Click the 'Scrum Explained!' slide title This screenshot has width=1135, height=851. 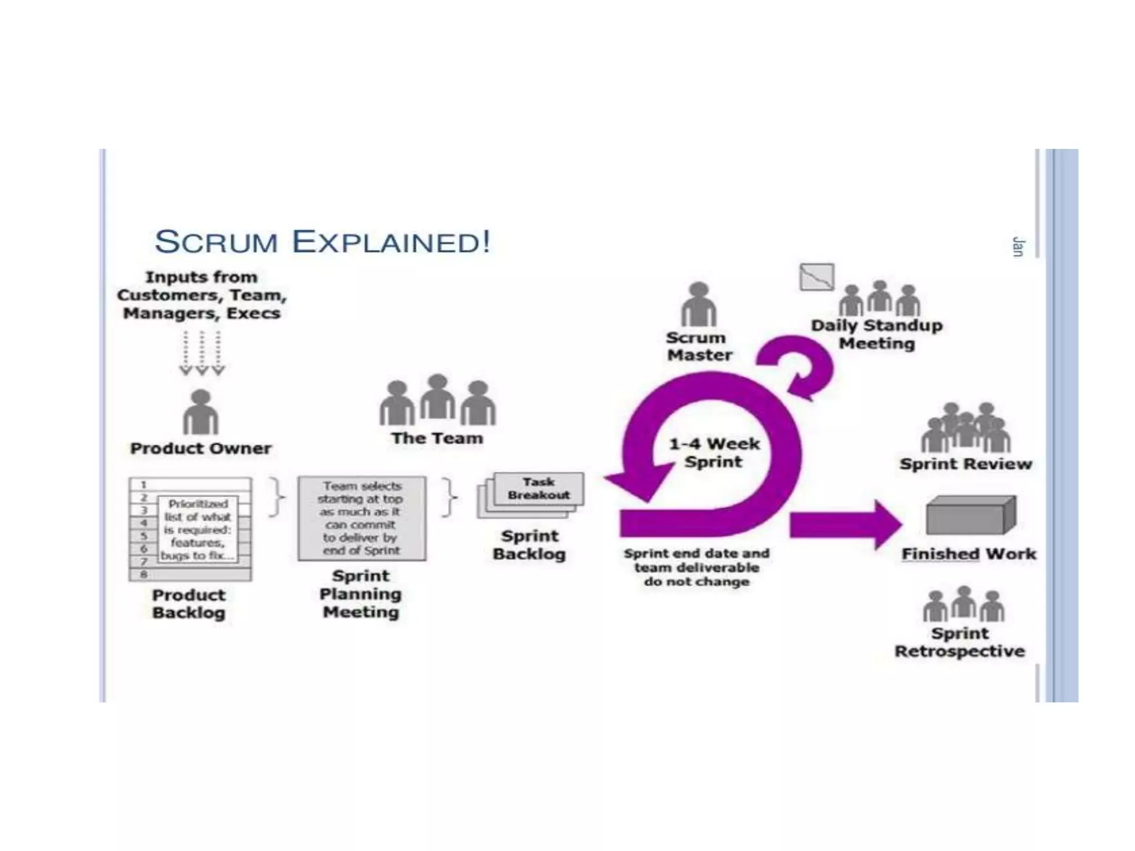[322, 242]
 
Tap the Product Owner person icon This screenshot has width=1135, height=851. [201, 413]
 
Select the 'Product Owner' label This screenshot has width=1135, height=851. [201, 448]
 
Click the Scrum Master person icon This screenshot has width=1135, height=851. [698, 305]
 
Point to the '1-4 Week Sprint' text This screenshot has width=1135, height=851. [714, 453]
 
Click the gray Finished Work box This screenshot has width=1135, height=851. [970, 515]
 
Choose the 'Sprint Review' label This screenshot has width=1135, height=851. [965, 464]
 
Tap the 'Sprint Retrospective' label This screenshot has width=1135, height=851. [960, 642]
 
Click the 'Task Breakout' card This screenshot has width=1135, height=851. [539, 489]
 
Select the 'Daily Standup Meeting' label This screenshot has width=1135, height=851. [877, 334]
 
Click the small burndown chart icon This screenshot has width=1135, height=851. [816, 277]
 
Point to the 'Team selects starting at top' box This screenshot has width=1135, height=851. [362, 518]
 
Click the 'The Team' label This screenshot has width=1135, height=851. [437, 438]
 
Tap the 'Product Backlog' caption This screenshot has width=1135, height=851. [189, 604]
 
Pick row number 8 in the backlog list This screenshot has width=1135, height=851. [144, 575]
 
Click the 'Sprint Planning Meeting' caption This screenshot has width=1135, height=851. [361, 594]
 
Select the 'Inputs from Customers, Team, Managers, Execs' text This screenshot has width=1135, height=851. [202, 295]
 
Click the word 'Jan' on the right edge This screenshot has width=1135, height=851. [1018, 247]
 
